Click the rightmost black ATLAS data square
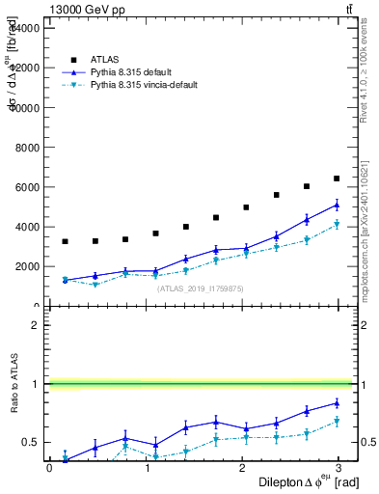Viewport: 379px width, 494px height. pyautogui.click(x=337, y=178)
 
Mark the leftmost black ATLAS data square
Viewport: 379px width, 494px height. pyautogui.click(x=65, y=241)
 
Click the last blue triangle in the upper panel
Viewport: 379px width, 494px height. pyautogui.click(x=337, y=205)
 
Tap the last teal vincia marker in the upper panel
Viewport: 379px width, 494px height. pyautogui.click(x=337, y=225)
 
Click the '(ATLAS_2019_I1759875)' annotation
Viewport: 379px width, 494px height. pyautogui.click(x=200, y=288)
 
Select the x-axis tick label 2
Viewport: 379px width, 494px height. pyautogui.click(x=242, y=467)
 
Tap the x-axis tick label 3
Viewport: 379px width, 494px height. pyautogui.click(x=338, y=467)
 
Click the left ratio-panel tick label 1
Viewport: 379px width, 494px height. pyautogui.click(x=36, y=384)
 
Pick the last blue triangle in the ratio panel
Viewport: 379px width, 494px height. pyautogui.click(x=337, y=403)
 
